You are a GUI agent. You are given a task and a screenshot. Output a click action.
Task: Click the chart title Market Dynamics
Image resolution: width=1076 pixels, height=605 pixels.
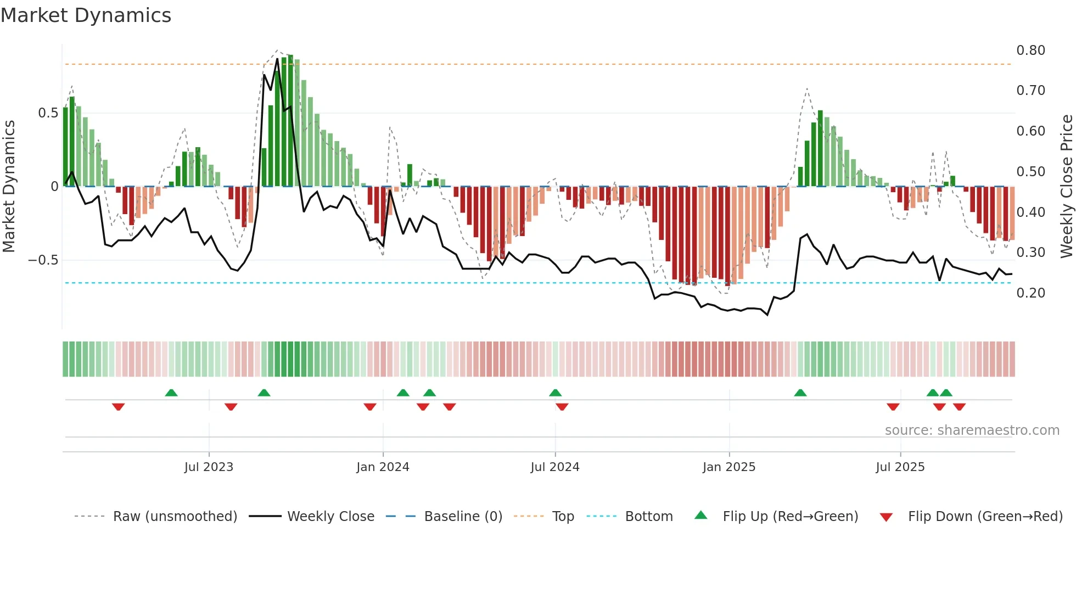tap(86, 15)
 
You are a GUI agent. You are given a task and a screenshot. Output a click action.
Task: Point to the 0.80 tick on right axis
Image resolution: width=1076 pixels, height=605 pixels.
tap(1030, 51)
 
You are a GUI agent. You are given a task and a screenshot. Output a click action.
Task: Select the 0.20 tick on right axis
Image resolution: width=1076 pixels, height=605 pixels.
tap(1030, 293)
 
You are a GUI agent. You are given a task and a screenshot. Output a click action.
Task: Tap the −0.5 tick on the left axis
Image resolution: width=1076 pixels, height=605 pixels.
tap(43, 260)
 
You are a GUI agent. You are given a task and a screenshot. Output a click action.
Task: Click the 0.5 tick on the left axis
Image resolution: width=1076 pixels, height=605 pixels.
tap(48, 113)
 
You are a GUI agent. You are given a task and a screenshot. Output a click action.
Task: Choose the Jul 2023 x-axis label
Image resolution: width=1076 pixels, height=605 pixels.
tap(209, 467)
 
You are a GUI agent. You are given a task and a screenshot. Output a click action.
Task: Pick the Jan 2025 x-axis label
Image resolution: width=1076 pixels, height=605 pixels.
tap(729, 467)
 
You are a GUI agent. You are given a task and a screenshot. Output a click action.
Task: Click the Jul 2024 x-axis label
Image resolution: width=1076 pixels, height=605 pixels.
tap(555, 467)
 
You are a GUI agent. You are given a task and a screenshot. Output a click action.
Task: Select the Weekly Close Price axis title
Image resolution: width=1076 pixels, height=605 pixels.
tap(1066, 187)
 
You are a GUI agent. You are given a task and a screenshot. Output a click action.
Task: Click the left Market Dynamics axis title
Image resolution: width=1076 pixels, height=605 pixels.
tap(9, 187)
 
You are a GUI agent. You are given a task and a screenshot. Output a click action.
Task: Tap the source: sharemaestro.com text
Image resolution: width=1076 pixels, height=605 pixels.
tap(972, 430)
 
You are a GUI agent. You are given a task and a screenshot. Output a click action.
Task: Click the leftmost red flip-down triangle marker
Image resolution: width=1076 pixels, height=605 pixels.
tap(119, 407)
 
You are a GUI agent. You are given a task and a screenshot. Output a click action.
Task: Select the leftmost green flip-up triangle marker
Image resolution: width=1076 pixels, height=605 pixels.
tap(171, 393)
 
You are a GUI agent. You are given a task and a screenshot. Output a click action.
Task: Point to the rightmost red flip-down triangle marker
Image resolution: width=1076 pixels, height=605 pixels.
tap(959, 407)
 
